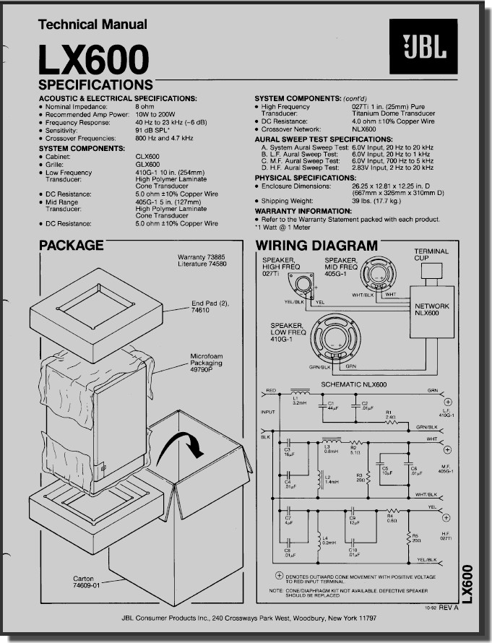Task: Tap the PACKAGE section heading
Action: [x=71, y=245]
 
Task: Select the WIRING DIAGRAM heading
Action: [x=316, y=246]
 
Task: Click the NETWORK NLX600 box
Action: [x=431, y=310]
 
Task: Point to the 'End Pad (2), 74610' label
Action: [x=210, y=307]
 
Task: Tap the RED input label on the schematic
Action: [x=271, y=390]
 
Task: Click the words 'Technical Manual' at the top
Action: [x=92, y=24]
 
